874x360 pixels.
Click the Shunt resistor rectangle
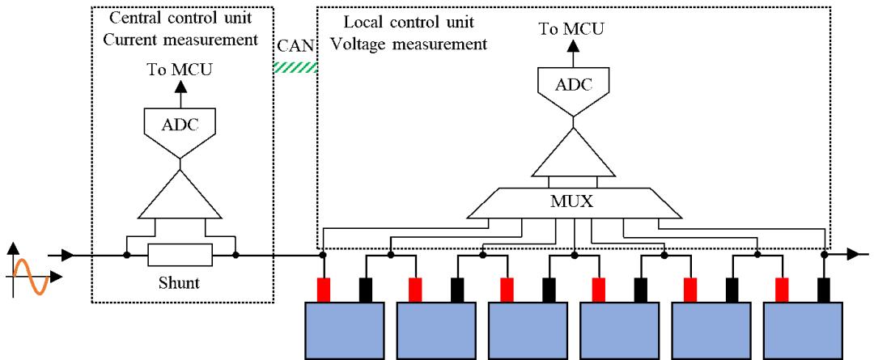tap(180, 256)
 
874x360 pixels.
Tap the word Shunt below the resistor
tap(180, 283)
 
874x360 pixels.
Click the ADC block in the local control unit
tap(574, 83)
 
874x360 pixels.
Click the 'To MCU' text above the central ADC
tap(179, 70)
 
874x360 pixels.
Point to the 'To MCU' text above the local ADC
tap(574, 30)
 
